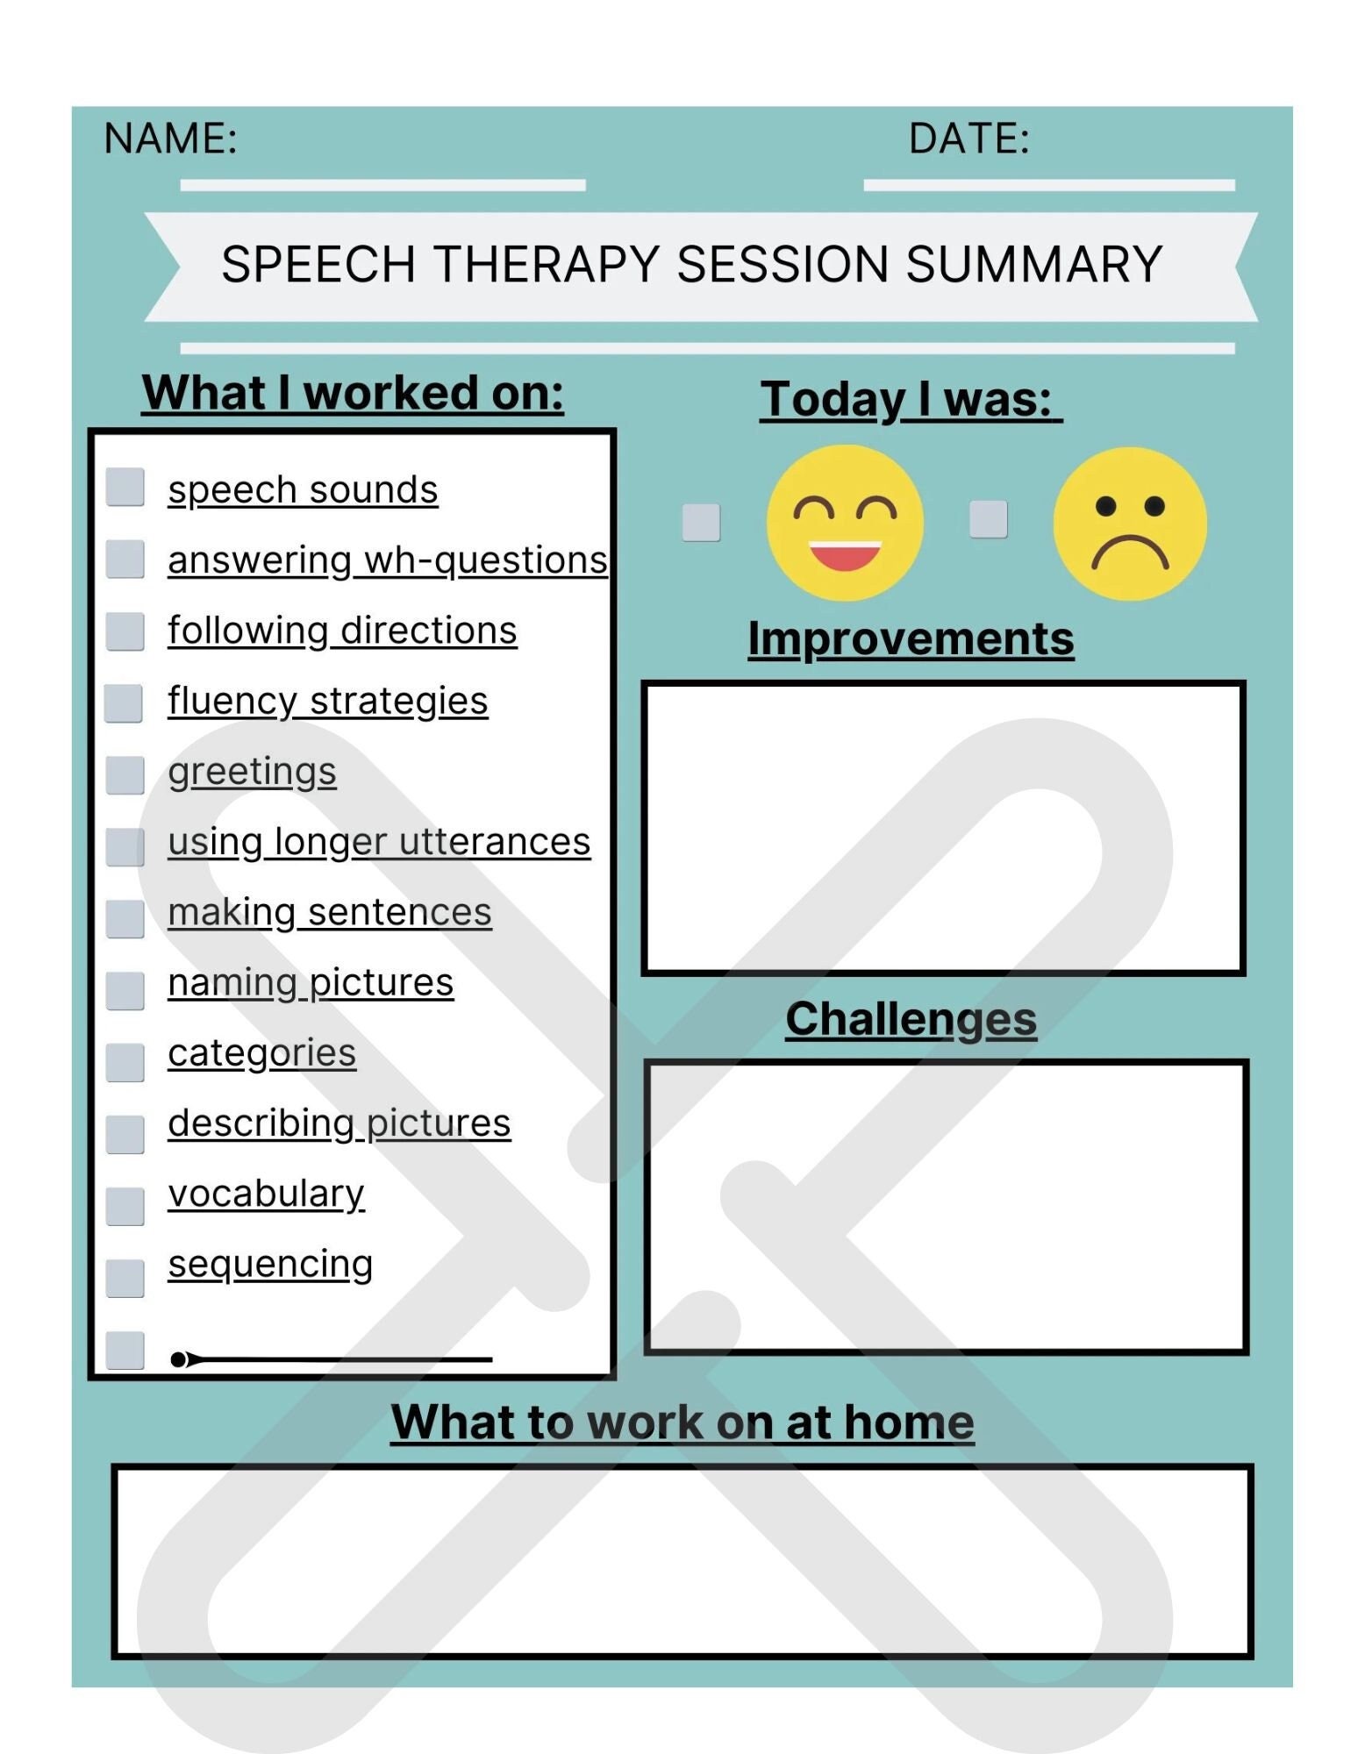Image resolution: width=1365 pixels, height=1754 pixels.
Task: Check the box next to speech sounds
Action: [x=125, y=487]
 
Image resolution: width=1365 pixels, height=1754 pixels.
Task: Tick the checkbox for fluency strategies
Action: [x=123, y=703]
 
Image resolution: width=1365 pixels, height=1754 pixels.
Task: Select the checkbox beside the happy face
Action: [x=701, y=523]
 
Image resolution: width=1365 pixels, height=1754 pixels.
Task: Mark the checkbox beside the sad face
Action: [x=988, y=519]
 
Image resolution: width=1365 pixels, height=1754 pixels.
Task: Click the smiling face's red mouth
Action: [x=844, y=556]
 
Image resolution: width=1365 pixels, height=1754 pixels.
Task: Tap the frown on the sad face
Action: [x=1129, y=553]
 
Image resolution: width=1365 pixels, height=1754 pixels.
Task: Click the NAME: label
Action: [x=170, y=139]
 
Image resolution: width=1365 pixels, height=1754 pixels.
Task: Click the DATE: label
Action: [x=968, y=139]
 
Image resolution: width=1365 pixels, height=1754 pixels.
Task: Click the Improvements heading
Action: [x=910, y=638]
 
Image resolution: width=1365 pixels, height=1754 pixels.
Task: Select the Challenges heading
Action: [x=910, y=1019]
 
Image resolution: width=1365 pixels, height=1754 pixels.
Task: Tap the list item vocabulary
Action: [x=266, y=1194]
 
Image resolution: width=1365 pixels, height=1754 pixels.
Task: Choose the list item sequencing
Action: [x=270, y=1265]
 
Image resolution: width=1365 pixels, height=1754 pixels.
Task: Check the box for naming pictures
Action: [x=125, y=990]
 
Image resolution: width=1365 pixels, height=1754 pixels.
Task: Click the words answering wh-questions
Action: [x=387, y=560]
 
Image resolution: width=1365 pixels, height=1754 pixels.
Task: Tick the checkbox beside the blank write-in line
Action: [x=125, y=1351]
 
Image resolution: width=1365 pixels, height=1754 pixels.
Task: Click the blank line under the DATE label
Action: [x=1048, y=185]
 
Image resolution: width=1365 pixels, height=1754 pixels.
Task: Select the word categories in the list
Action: [x=261, y=1053]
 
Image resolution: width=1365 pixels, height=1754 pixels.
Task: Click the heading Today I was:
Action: [x=910, y=400]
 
